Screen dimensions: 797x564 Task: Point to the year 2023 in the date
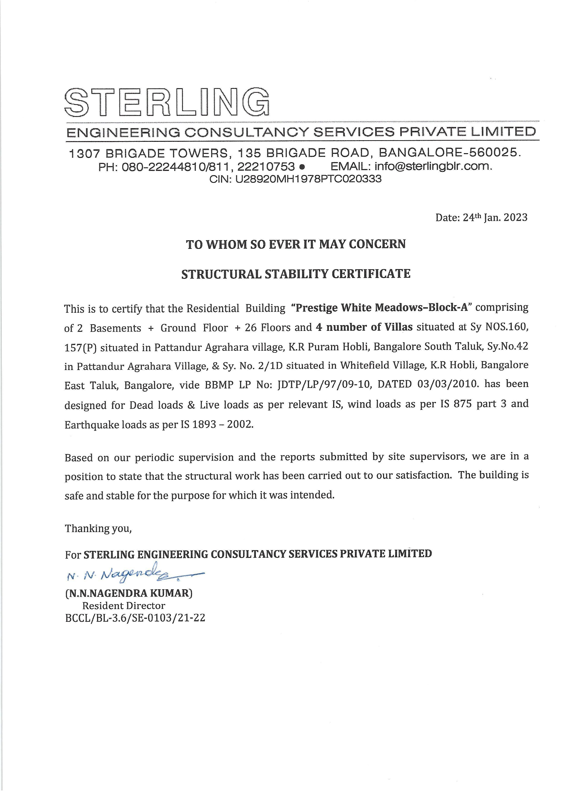point(515,218)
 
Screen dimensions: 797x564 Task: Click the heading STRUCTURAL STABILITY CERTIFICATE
point(296,274)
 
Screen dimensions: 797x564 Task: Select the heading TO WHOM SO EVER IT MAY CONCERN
point(296,245)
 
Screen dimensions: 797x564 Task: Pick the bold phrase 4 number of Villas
point(364,327)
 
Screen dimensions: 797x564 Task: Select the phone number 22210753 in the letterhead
point(266,166)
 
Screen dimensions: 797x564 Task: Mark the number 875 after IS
point(463,404)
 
